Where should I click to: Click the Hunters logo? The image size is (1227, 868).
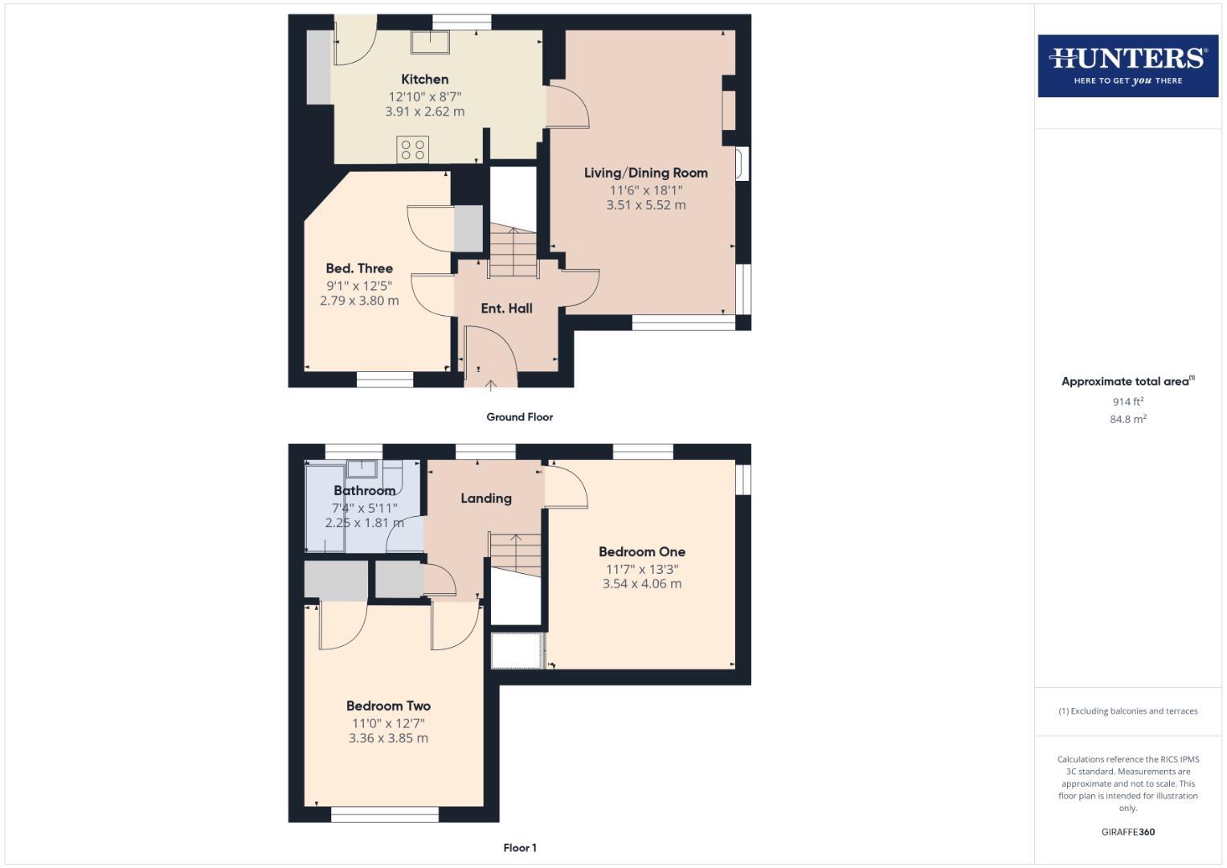click(x=1127, y=65)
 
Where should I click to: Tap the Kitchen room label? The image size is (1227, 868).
click(x=424, y=79)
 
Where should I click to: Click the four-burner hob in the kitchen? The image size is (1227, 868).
click(x=412, y=149)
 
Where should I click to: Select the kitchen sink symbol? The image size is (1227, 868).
click(x=431, y=42)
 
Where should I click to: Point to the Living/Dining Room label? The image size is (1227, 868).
click(x=645, y=173)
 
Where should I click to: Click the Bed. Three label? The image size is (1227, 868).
click(x=359, y=268)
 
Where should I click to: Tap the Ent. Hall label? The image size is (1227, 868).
click(x=506, y=308)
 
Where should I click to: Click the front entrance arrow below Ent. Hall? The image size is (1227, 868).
click(x=490, y=385)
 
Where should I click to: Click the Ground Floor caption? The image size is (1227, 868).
click(x=519, y=417)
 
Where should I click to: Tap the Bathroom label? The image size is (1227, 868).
click(x=364, y=490)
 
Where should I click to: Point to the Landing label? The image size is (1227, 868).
click(x=485, y=498)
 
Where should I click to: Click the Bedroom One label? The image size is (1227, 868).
click(x=641, y=551)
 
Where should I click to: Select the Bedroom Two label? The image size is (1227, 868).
click(x=388, y=706)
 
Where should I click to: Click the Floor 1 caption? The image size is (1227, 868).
click(x=519, y=848)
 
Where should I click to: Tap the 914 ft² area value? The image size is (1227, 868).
click(x=1127, y=402)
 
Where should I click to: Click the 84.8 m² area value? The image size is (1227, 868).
click(x=1127, y=419)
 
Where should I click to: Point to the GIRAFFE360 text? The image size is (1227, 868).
click(x=1127, y=832)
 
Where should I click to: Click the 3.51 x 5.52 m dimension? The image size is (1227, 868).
click(x=645, y=205)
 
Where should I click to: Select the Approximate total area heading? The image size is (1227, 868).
click(x=1127, y=382)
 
